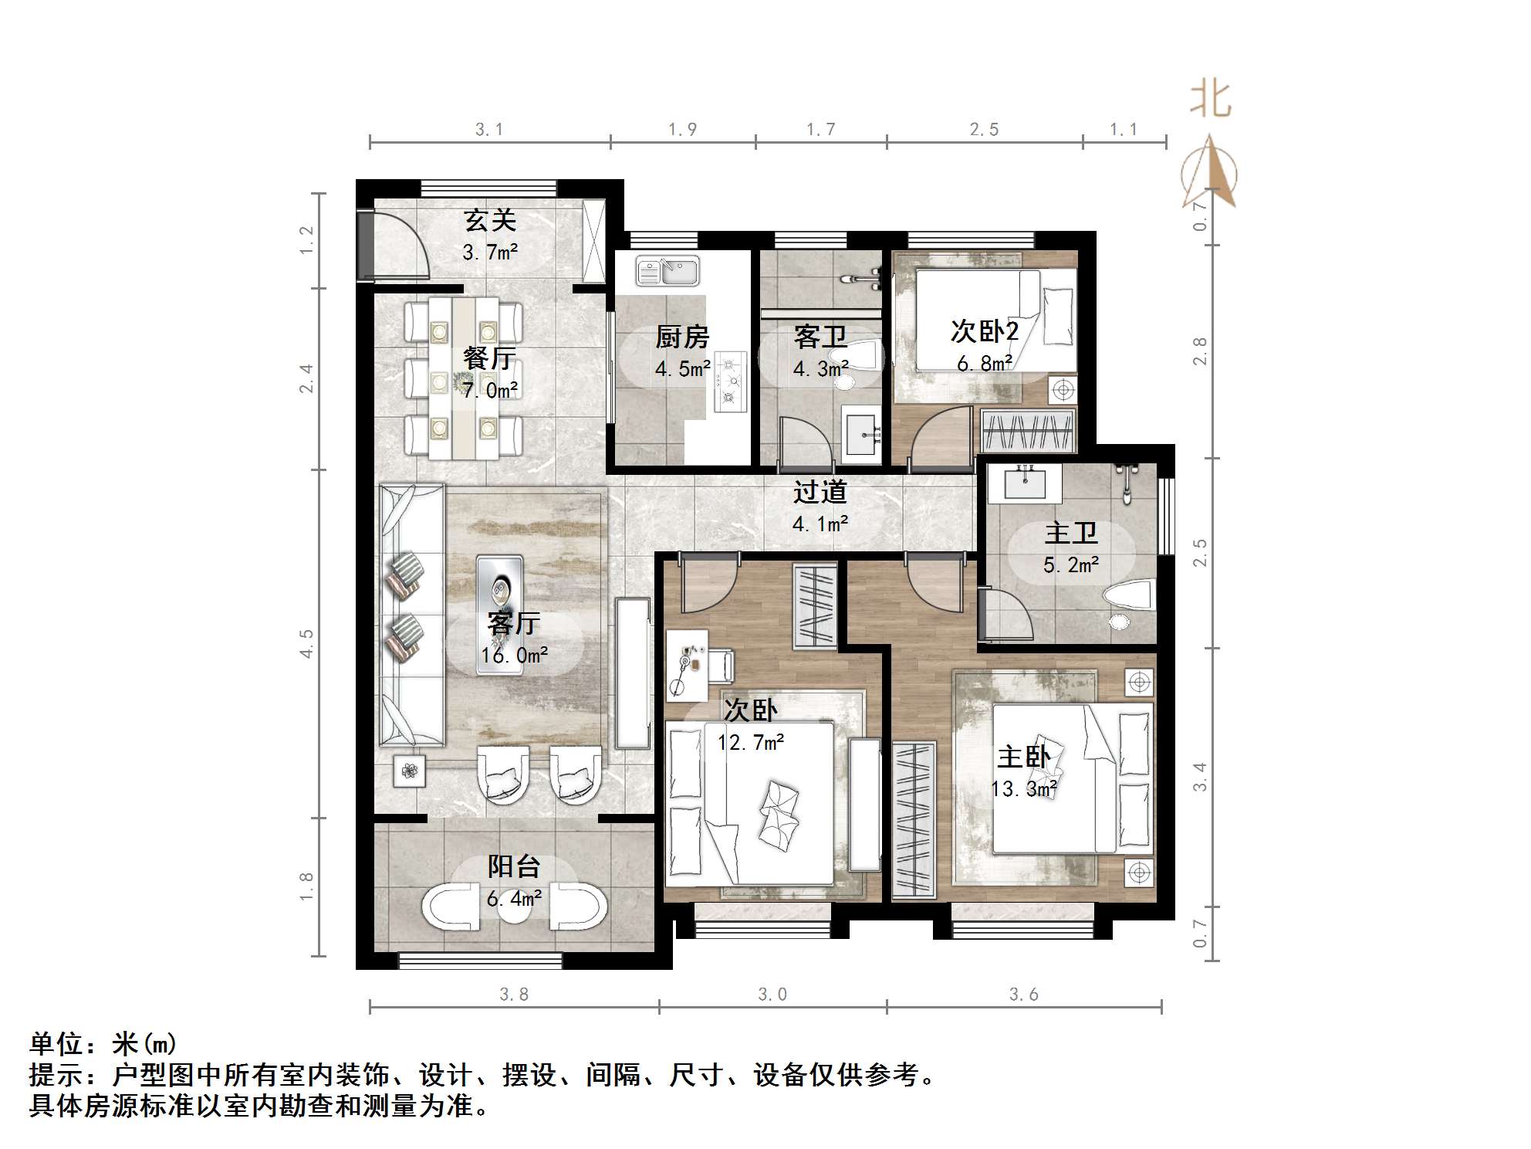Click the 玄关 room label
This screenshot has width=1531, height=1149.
tap(489, 221)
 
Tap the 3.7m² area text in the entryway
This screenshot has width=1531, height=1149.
tap(489, 252)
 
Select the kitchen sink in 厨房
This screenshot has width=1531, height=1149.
tap(667, 271)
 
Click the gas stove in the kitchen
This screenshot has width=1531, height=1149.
tap(730, 380)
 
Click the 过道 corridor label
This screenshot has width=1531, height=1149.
tap(820, 492)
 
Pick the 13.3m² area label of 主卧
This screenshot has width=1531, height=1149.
tap(1023, 789)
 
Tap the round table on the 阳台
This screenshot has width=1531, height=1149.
tap(514, 908)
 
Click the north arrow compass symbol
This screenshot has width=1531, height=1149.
tap(1209, 173)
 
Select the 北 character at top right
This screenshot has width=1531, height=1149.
tap(1210, 100)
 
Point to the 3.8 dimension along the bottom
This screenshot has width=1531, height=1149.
tap(513, 995)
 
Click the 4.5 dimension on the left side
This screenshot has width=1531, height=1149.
tap(306, 643)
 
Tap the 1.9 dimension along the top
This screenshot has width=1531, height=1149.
tap(682, 129)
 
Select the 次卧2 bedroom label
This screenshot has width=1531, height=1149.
tap(984, 331)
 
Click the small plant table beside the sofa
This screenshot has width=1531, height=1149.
tap(409, 770)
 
